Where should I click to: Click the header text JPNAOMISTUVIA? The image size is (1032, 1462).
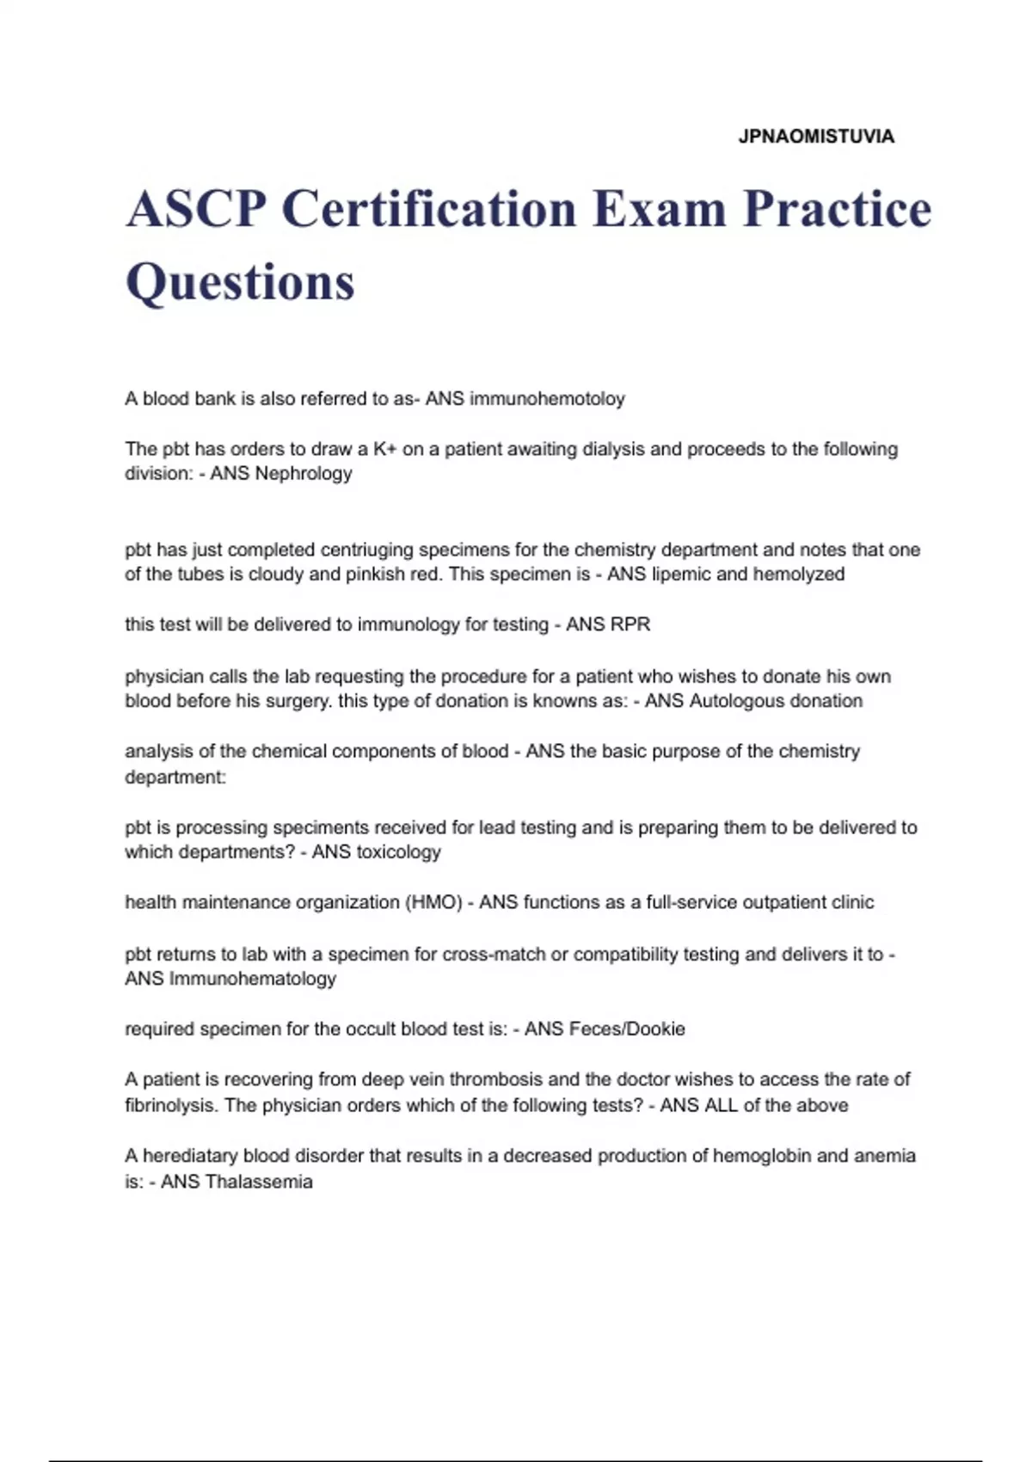[x=816, y=137]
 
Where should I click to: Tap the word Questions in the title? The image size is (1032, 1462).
[x=240, y=282]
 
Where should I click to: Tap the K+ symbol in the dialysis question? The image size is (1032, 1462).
[x=384, y=449]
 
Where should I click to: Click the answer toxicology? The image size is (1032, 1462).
[x=398, y=852]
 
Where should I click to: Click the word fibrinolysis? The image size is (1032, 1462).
[x=172, y=1105]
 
